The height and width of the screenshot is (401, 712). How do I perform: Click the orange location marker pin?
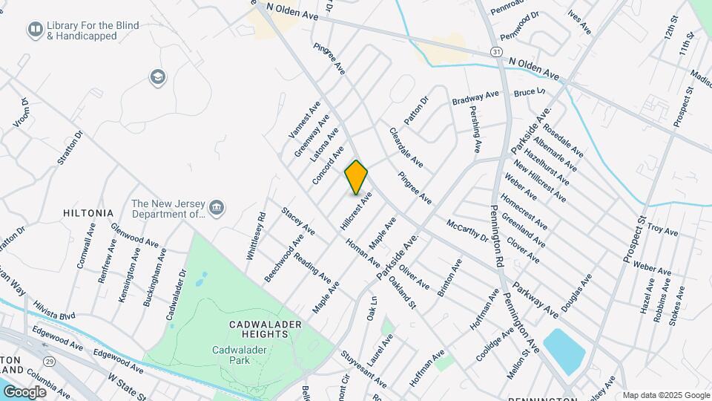(x=356, y=177)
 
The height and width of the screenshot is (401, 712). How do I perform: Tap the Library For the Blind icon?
(x=34, y=30)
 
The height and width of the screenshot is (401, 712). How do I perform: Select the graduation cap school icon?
(x=156, y=76)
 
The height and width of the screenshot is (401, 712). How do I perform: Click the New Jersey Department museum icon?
(x=217, y=207)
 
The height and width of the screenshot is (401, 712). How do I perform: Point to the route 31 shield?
(x=495, y=52)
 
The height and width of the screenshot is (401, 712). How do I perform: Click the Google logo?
(x=24, y=392)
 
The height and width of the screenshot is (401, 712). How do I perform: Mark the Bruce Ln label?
(x=530, y=93)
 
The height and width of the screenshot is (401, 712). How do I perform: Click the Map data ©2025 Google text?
(x=665, y=395)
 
